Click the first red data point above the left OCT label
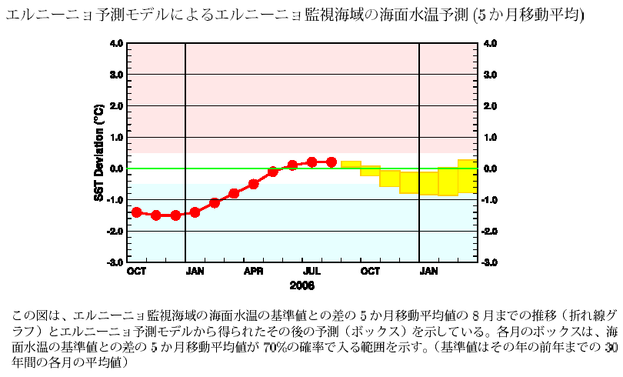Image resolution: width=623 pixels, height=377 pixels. tap(137, 212)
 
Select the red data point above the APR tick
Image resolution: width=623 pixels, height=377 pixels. tap(254, 184)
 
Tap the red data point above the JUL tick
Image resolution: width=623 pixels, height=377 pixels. tap(311, 162)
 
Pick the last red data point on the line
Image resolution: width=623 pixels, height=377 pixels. tap(331, 162)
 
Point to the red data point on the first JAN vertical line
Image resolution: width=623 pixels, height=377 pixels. tap(195, 212)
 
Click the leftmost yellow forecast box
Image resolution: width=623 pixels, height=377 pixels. tap(351, 165)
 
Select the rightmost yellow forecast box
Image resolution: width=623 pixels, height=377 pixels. tap(468, 176)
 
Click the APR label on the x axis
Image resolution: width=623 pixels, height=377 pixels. tap(254, 272)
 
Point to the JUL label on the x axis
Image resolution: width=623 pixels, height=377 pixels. tap(311, 272)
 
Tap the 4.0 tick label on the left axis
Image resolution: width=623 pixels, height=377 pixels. tap(115, 44)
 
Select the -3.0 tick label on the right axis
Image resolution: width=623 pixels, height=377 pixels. tap(490, 262)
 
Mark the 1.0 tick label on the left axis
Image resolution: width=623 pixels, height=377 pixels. tap(115, 138)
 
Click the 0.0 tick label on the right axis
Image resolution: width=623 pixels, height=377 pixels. tap(490, 168)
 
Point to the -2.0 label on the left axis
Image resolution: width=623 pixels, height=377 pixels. tap(114, 232)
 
